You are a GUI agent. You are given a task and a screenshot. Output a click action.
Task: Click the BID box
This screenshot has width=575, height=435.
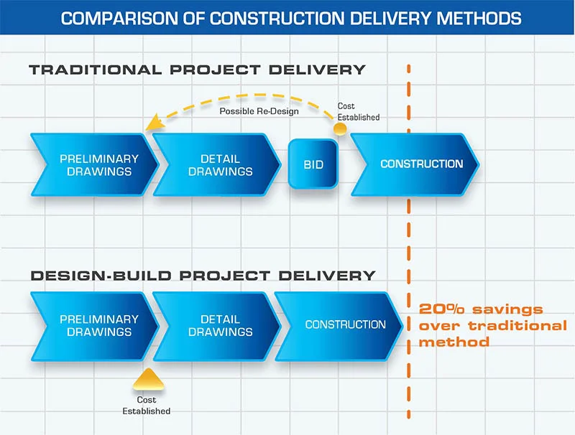[313, 164]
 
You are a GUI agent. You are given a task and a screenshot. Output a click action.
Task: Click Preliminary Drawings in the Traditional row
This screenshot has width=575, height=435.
[98, 164]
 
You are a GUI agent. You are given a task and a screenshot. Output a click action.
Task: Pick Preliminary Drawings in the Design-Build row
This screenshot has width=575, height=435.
[98, 325]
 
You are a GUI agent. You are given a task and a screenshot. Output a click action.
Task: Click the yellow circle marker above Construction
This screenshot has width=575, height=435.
[340, 129]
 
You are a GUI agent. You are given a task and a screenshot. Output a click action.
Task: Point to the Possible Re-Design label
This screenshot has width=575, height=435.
[259, 111]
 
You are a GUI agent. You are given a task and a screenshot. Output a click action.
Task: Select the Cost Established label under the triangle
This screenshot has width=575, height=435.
[146, 406]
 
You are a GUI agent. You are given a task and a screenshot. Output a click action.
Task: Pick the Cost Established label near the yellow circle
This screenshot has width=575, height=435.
[357, 112]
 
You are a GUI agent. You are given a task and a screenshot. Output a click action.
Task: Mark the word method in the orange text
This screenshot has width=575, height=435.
[454, 342]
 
